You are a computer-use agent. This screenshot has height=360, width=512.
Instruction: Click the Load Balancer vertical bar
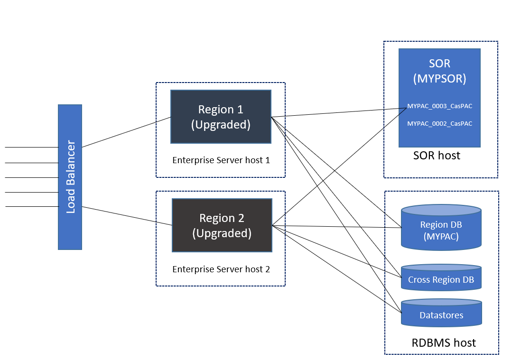[x=70, y=176]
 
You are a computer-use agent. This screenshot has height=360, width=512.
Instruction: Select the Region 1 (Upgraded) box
[x=221, y=117]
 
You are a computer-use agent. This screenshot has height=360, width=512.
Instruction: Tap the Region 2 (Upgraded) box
[x=222, y=225]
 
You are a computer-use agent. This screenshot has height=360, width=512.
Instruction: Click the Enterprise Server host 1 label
[x=221, y=160]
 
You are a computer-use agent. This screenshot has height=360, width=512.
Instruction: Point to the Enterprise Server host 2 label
[x=221, y=269]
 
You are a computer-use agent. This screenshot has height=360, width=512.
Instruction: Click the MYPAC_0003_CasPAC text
[x=439, y=106]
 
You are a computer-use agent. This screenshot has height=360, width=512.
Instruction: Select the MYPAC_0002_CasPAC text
[x=439, y=123]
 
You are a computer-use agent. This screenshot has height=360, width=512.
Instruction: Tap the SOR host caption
[x=437, y=155]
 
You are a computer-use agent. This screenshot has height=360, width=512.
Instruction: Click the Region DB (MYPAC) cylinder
[x=441, y=230]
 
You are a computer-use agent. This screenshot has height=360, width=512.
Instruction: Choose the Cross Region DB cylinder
[x=441, y=279]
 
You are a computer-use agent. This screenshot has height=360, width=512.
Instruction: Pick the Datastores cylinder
[x=441, y=315]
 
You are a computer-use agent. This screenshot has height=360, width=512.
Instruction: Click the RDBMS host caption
[x=444, y=342]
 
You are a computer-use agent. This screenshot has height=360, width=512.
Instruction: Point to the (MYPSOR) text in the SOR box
[x=439, y=78]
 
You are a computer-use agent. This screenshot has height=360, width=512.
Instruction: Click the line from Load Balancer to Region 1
[x=126, y=132]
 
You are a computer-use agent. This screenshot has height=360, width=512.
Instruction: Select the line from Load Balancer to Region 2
[x=127, y=216]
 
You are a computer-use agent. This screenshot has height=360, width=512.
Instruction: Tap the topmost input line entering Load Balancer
[x=31, y=148]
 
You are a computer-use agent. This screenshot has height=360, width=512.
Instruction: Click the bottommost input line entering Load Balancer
[x=31, y=206]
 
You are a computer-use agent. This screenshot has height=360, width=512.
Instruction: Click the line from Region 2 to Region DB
[x=337, y=227]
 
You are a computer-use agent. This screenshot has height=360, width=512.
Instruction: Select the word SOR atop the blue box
[x=439, y=63]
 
